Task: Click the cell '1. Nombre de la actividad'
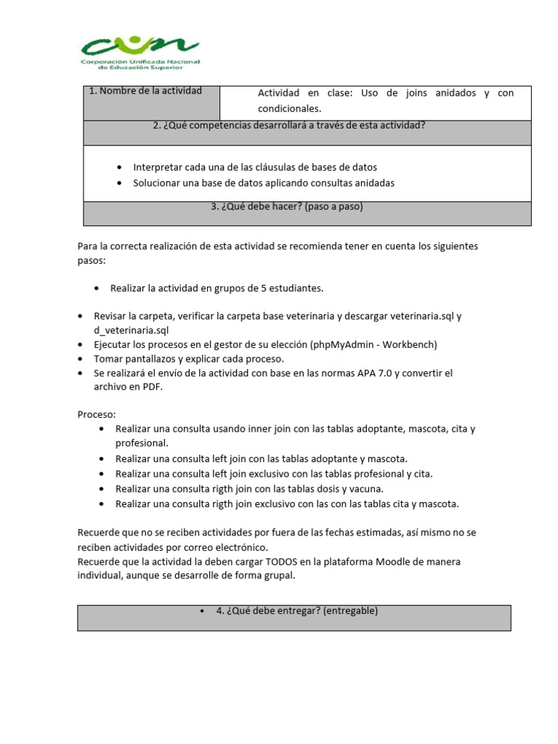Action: [145, 92]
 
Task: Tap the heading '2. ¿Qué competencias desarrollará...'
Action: [288, 126]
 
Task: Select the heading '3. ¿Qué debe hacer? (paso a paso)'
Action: [286, 206]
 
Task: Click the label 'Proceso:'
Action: [97, 414]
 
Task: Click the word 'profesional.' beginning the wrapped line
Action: [142, 442]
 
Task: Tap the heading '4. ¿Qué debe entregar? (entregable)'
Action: [296, 611]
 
